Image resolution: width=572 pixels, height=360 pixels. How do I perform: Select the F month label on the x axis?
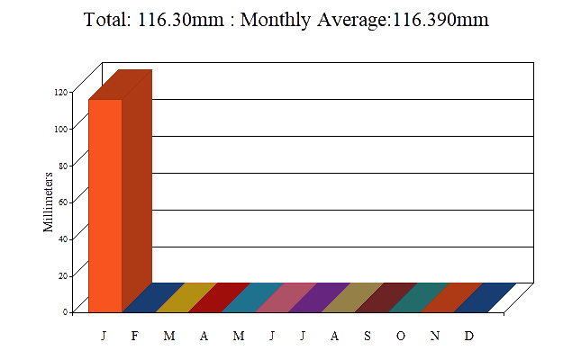tap(135, 336)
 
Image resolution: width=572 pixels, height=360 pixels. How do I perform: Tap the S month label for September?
tap(368, 336)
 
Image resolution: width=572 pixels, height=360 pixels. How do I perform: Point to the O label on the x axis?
tap(401, 336)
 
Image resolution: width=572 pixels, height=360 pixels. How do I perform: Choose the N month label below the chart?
tap(435, 336)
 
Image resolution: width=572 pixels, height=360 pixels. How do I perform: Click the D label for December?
tap(468, 336)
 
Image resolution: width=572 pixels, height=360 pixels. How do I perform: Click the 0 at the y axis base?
tap(66, 311)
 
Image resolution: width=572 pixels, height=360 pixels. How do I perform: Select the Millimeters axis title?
tap(49, 202)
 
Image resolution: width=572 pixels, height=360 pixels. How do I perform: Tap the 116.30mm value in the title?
tap(181, 19)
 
